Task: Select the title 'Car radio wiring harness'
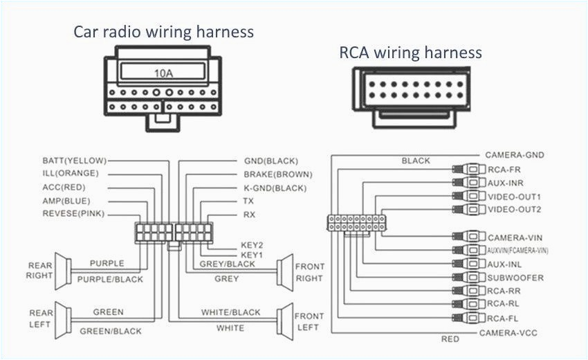163,32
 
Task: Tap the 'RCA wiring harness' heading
410,53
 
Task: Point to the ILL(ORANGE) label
71,173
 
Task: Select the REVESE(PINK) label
73,214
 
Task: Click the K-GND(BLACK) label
275,188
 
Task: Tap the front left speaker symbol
282,319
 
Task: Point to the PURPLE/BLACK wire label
110,279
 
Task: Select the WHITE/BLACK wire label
231,312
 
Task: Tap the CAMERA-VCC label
508,333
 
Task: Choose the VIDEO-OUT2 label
515,209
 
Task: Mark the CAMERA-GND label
513,156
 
